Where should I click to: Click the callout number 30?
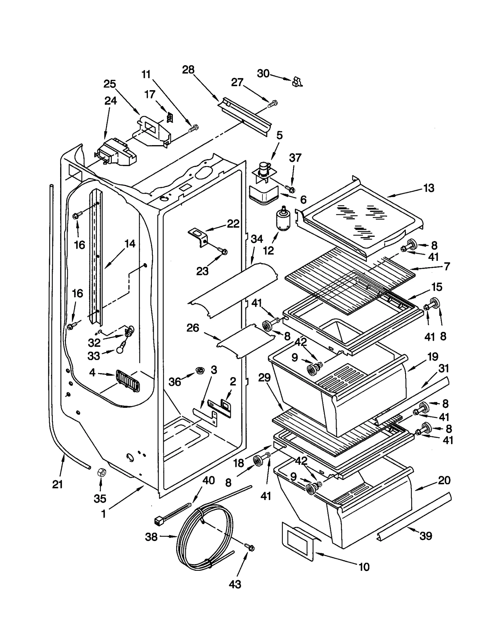[263, 73]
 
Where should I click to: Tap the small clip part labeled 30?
[297, 82]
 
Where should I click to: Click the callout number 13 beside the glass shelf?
[429, 188]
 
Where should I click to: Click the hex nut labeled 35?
[101, 472]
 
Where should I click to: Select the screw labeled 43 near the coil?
[251, 547]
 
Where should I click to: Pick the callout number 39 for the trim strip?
[426, 536]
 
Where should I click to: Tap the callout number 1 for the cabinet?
[104, 514]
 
